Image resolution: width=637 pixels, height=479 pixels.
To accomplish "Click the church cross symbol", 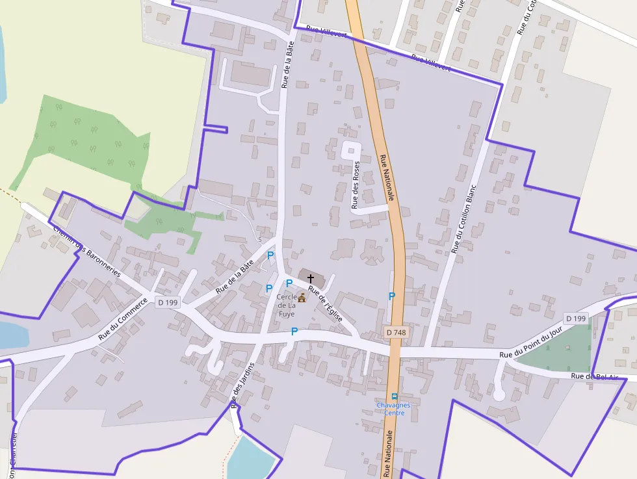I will click(x=311, y=278).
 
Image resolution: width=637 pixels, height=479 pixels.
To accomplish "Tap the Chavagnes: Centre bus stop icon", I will click(x=394, y=396).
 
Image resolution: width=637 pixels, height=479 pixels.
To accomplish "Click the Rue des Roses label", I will click(x=356, y=185).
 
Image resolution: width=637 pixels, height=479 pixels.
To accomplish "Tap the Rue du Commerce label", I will click(x=123, y=323).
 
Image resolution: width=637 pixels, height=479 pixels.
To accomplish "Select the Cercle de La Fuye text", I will click(x=286, y=305).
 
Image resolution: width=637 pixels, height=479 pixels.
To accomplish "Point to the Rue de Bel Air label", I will click(x=595, y=376).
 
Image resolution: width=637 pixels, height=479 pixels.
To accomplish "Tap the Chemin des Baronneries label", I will click(x=87, y=252).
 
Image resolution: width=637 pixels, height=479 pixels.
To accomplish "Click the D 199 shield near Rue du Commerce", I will click(x=167, y=302).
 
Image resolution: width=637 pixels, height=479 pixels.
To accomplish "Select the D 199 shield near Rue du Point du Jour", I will click(x=576, y=318).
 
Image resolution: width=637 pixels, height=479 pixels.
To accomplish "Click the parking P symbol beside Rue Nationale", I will click(x=391, y=296).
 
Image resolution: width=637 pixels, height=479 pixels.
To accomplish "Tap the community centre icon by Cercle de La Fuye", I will click(x=302, y=297).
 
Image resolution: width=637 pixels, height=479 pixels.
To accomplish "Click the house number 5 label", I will click(x=260, y=240).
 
